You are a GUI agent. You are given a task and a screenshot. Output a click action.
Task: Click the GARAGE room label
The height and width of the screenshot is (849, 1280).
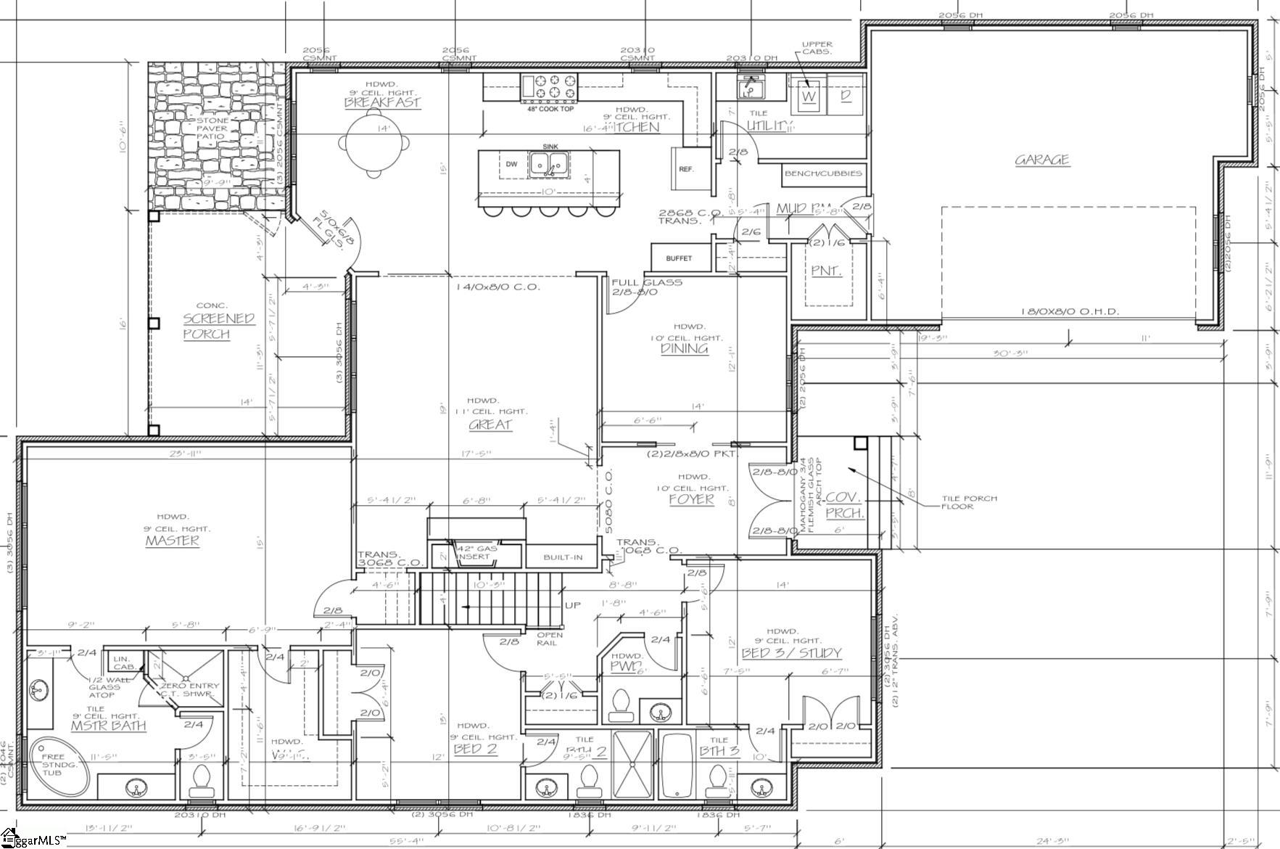click(1042, 160)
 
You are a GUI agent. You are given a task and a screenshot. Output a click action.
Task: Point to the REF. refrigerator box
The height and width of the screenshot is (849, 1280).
click(687, 169)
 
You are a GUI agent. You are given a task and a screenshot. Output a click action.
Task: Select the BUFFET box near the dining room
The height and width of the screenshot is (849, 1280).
click(679, 258)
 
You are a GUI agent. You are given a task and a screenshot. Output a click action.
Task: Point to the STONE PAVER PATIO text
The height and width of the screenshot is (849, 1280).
click(212, 128)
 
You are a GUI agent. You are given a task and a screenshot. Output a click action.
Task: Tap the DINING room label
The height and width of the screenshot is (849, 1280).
click(685, 348)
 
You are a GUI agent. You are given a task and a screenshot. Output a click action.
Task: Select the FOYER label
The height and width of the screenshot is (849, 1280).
click(691, 499)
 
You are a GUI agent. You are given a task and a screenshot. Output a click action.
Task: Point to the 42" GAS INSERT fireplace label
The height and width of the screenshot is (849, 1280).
click(476, 552)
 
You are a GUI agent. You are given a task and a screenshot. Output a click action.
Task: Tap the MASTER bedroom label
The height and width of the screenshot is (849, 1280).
click(172, 541)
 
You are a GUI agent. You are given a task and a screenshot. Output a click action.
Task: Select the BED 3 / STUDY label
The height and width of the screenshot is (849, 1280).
click(791, 653)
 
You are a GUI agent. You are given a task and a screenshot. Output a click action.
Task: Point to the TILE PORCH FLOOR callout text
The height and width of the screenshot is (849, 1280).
click(969, 502)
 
